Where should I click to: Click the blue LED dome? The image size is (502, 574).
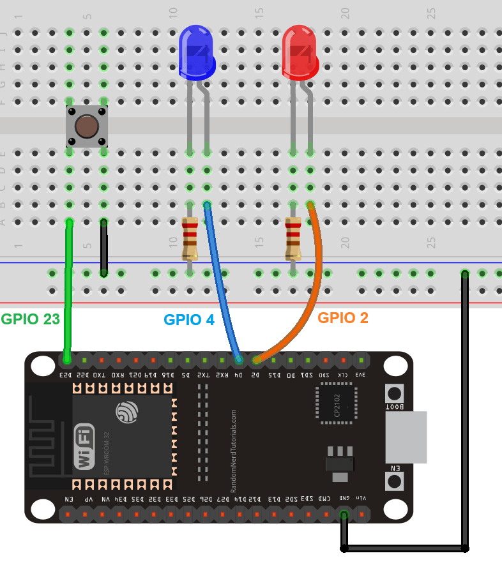tap(196, 51)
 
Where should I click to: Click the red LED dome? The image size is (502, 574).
tap(300, 51)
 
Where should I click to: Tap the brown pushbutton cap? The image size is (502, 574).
tap(86, 126)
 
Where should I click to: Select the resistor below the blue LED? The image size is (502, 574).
tap(190, 238)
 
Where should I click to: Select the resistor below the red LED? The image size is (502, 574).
tap(293, 238)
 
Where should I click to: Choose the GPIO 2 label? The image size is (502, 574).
tap(343, 317)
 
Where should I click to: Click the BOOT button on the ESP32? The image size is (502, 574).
tap(395, 393)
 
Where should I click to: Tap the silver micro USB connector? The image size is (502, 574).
tap(406, 437)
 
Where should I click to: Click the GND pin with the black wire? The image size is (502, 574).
tap(344, 514)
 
